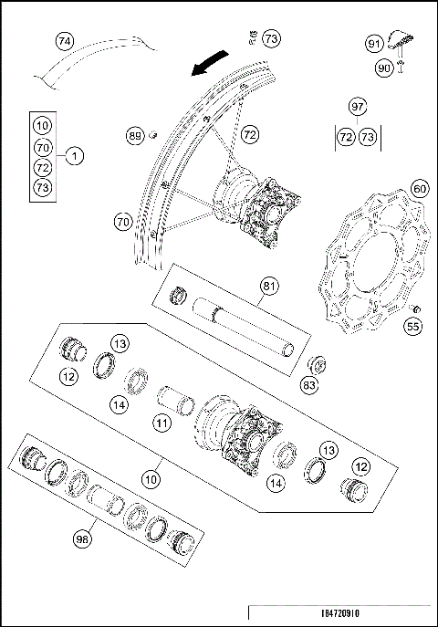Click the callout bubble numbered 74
point(64,41)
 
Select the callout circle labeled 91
point(375,44)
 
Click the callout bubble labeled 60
point(419,188)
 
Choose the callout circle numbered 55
point(412,325)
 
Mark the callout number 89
point(135,136)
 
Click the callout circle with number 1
point(75,156)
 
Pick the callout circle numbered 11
point(162,423)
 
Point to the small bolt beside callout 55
point(412,308)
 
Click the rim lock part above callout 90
point(398,41)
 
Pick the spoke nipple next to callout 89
point(153,136)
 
